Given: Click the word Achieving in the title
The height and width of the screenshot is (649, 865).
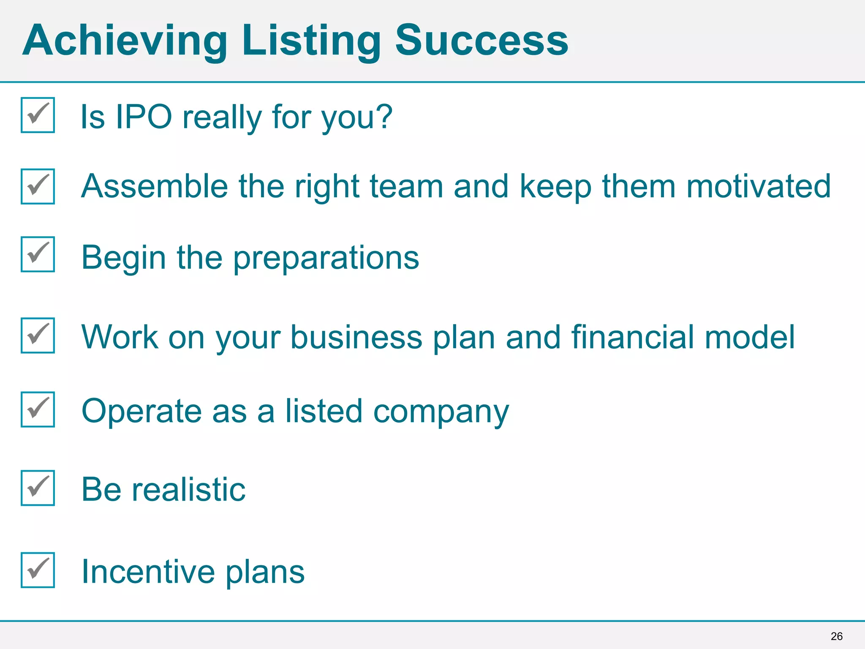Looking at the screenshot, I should [x=125, y=41].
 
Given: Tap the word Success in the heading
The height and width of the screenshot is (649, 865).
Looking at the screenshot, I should [x=481, y=41].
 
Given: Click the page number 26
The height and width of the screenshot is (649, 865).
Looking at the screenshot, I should [x=836, y=636].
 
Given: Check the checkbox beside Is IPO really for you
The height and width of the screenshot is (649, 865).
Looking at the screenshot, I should [x=38, y=115].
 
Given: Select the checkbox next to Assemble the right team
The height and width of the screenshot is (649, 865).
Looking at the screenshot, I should [x=38, y=186].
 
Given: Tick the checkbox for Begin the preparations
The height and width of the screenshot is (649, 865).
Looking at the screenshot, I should [x=38, y=254].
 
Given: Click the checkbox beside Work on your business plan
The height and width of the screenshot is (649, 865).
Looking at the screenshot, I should [x=38, y=335].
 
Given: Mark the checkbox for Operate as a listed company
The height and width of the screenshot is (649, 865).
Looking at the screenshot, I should [x=38, y=409].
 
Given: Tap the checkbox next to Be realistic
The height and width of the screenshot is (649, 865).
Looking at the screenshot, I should [x=38, y=488].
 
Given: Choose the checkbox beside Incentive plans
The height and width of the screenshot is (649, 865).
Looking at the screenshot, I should [x=38, y=570].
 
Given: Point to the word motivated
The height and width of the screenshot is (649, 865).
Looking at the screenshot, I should [x=759, y=186].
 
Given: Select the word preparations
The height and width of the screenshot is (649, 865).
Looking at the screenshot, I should [x=326, y=258].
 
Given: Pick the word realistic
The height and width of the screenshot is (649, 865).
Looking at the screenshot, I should [x=189, y=490].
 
